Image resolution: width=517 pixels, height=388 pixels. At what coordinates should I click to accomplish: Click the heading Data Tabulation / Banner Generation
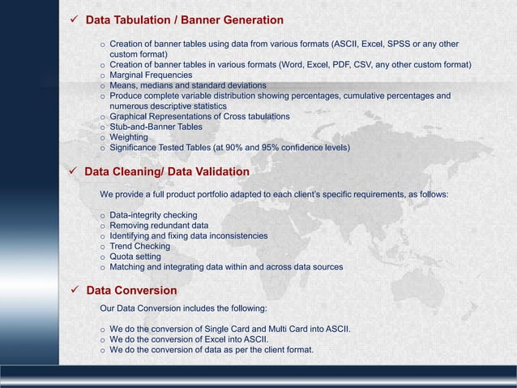184,19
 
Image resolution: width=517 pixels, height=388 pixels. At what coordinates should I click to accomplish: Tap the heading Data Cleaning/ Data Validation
167,171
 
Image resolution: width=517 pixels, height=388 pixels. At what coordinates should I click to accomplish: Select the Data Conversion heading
131,290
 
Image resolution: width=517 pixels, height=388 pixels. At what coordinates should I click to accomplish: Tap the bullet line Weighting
129,137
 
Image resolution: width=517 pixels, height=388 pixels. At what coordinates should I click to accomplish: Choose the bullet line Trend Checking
139,246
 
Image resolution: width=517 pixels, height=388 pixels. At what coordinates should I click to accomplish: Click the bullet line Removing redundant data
159,226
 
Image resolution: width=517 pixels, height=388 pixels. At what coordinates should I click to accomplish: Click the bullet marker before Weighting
102,138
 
